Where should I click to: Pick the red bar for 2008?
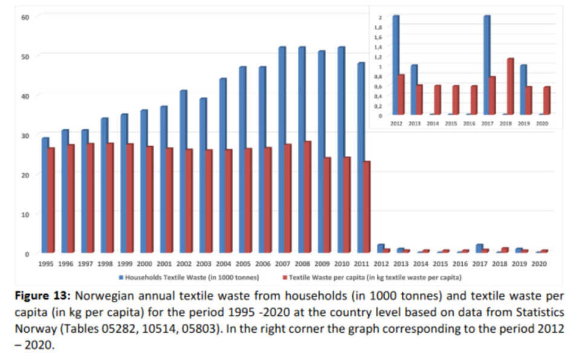[308, 197]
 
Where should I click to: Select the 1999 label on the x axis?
[124, 264]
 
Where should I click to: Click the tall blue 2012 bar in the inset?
[396, 65]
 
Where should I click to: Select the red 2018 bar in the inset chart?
[511, 86]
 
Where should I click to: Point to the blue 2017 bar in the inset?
[486, 65]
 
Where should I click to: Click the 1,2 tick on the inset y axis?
[379, 56]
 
